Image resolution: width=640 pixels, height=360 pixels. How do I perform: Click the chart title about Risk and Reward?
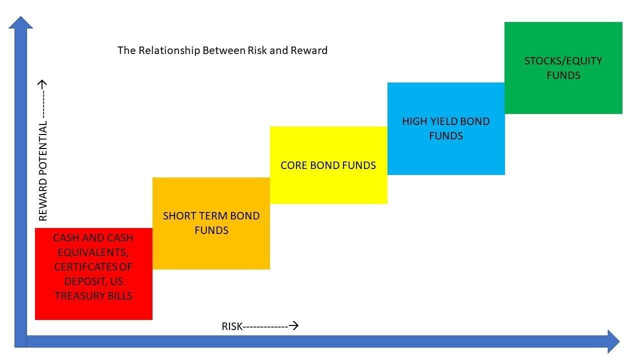click(222, 50)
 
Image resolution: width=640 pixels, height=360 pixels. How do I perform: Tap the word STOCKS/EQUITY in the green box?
click(563, 61)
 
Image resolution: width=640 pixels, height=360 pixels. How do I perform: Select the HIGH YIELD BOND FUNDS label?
click(445, 128)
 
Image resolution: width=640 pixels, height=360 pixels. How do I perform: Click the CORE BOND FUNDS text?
click(328, 165)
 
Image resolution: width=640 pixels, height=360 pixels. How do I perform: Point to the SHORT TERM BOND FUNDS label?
click(211, 223)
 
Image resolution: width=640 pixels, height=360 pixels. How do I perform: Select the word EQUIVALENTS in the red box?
click(93, 252)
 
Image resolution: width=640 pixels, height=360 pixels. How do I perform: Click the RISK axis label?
click(232, 326)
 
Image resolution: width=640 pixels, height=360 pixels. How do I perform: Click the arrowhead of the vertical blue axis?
click(21, 22)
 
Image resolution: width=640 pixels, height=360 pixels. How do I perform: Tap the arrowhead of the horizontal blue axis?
click(613, 341)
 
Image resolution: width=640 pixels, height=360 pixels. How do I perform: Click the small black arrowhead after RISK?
click(294, 326)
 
